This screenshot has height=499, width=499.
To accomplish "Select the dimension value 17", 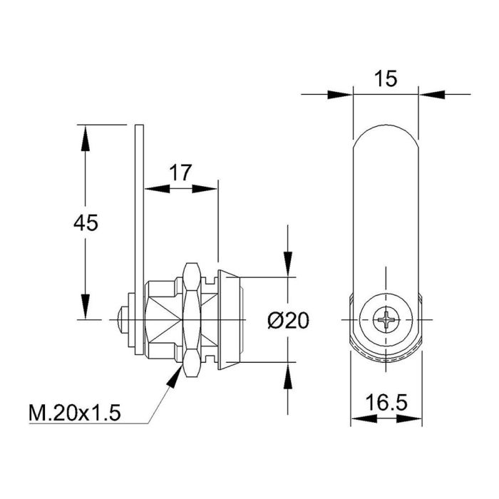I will coord(180,172).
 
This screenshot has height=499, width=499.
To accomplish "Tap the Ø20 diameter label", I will coord(289,321).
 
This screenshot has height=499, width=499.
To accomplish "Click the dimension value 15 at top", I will coord(385,78).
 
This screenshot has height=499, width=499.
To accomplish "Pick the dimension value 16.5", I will coord(386,402).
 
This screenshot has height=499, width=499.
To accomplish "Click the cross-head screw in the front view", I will coord(386,320).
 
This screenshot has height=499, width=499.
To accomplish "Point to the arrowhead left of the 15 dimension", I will coord(341,93).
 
